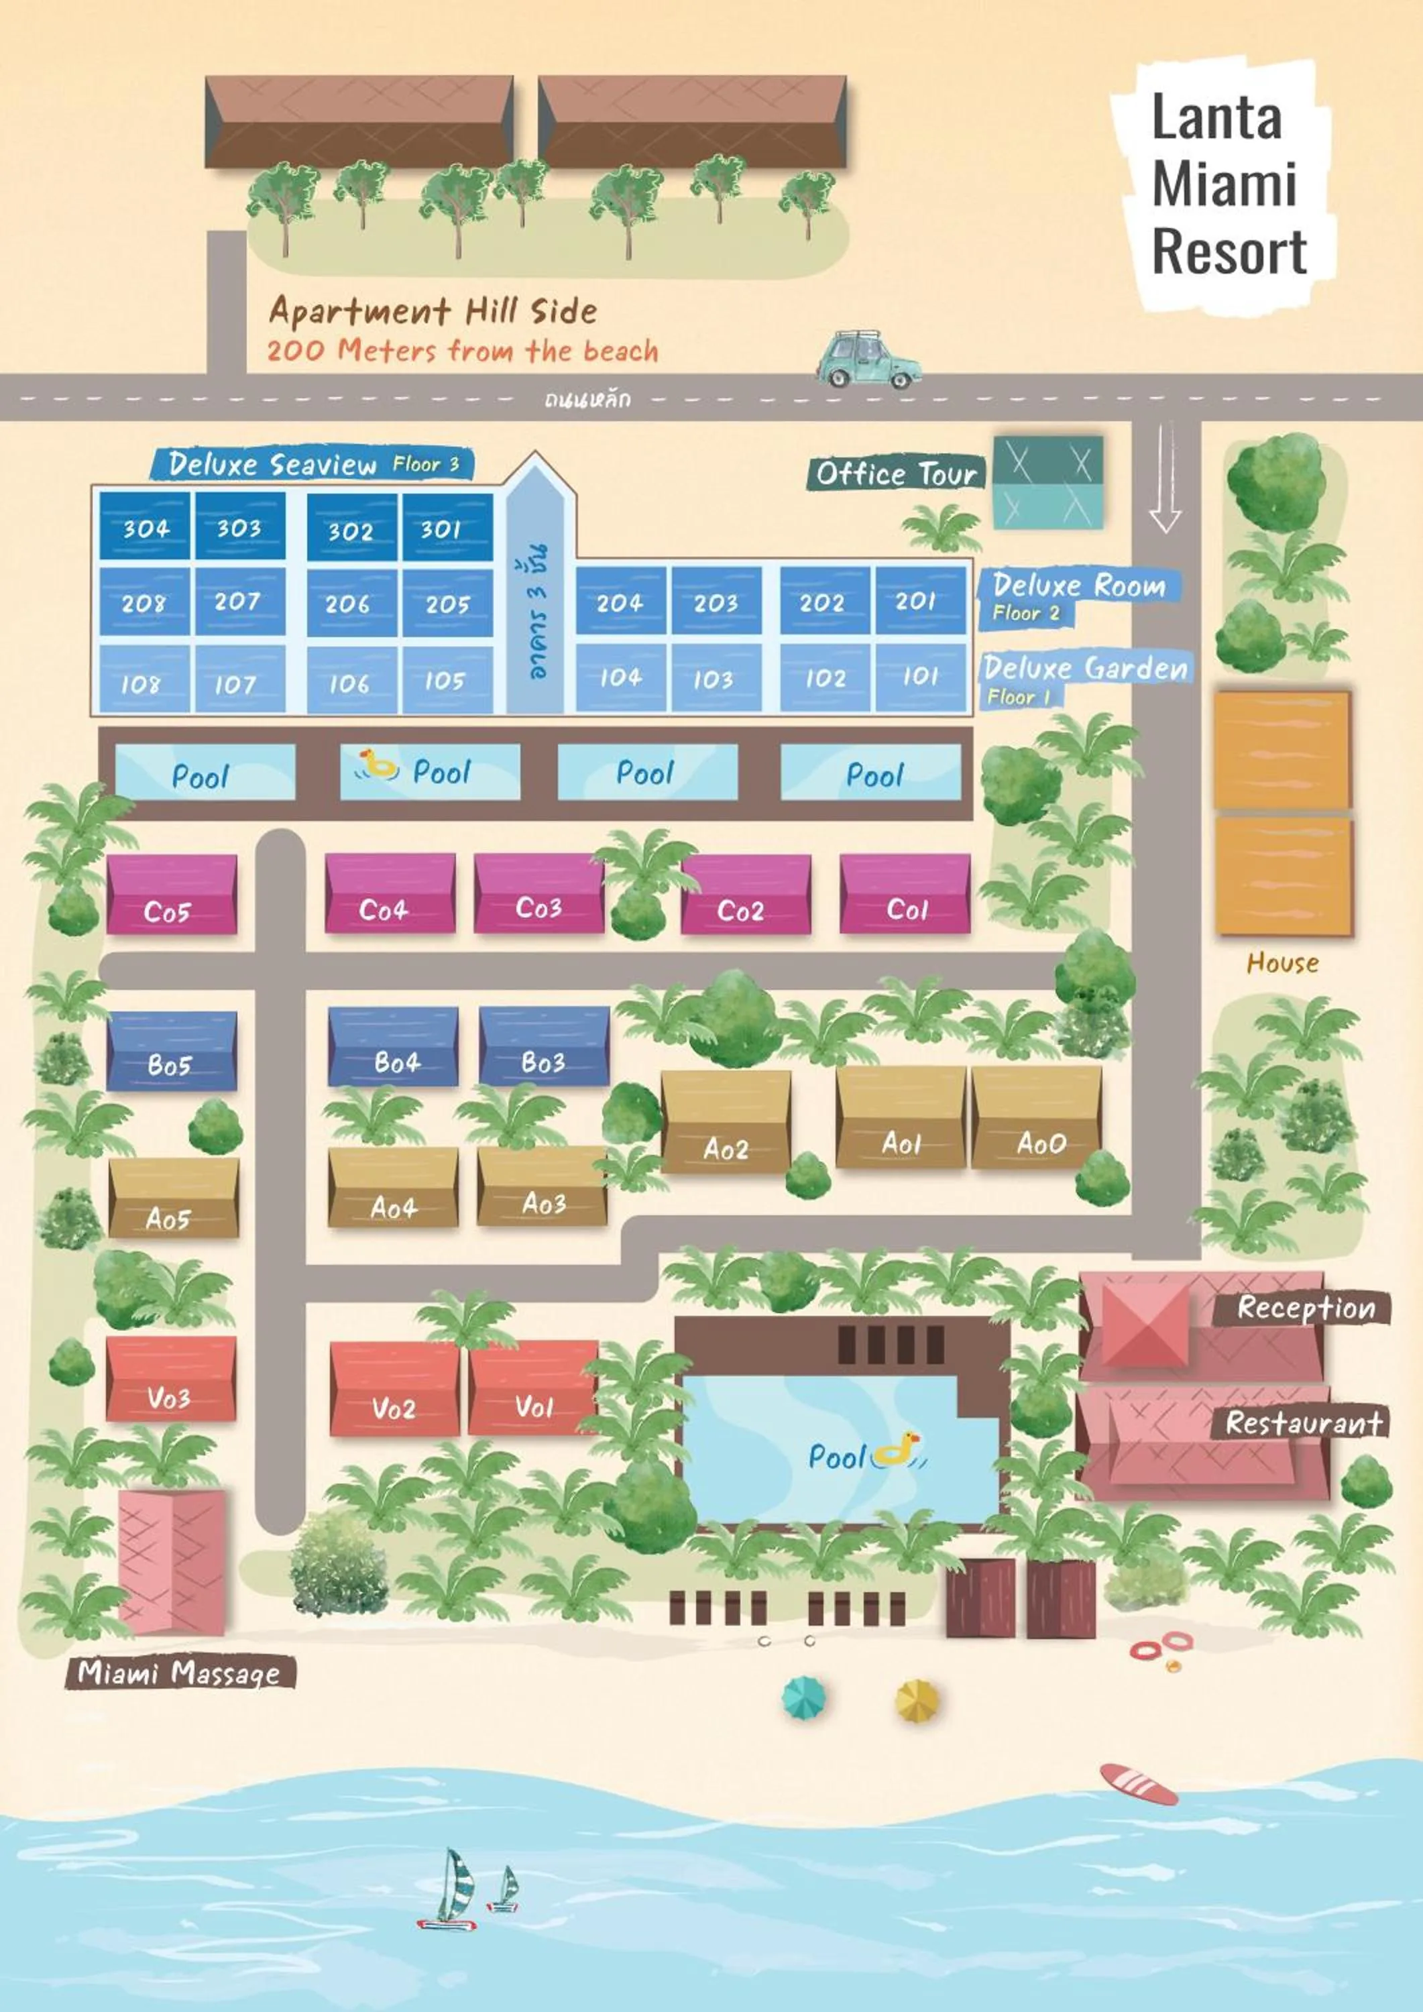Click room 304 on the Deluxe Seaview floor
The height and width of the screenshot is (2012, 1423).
(x=145, y=526)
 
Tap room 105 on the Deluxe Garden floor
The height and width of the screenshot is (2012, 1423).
(x=445, y=680)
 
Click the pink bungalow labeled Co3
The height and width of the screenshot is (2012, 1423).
(x=538, y=894)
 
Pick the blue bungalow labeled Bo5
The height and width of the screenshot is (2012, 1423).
(x=171, y=1052)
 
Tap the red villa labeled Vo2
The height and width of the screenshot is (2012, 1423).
(x=394, y=1391)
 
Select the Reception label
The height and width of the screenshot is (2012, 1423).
(x=1306, y=1308)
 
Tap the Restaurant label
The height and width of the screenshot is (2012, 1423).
(x=1303, y=1423)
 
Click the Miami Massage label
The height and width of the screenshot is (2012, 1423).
(x=180, y=1673)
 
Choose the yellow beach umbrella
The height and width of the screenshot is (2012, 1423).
(x=917, y=1701)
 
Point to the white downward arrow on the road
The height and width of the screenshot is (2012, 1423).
(x=1165, y=478)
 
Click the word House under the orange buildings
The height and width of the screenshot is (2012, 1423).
(x=1282, y=963)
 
